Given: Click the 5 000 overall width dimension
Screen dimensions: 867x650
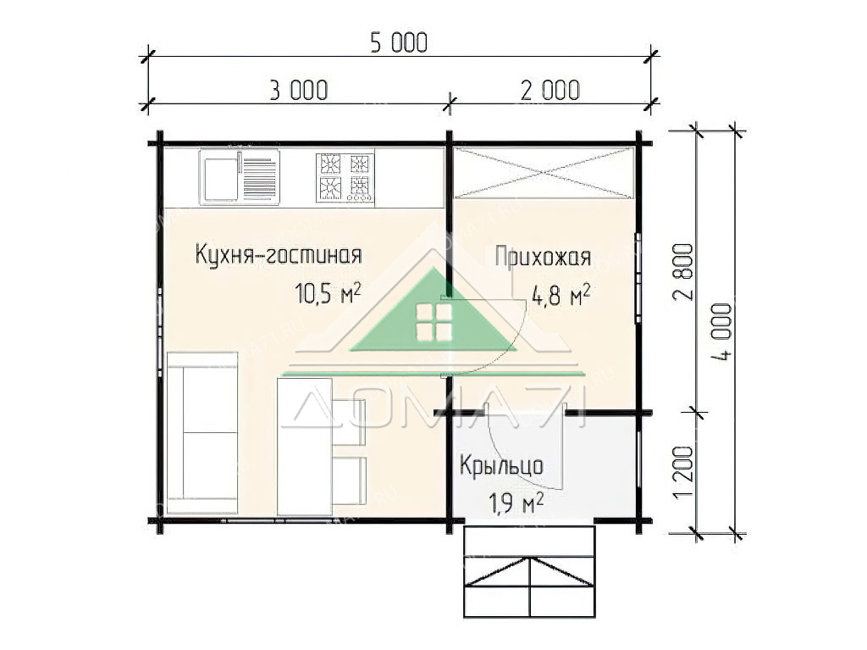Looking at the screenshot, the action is [399, 43].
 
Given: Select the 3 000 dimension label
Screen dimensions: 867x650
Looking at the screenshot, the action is [299, 90].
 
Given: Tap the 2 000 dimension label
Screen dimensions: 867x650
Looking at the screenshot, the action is [550, 90].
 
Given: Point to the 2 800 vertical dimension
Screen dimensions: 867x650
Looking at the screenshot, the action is [682, 271].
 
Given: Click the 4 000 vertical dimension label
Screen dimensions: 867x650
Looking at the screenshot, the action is [721, 332].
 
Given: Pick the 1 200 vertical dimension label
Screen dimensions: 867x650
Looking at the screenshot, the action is [682, 472].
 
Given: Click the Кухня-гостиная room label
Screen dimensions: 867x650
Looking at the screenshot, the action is [279, 255].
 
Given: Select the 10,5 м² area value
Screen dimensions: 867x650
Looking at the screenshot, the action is [329, 293].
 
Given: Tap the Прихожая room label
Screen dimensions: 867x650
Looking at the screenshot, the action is [543, 257].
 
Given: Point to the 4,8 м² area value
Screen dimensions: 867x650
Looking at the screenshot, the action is [561, 295].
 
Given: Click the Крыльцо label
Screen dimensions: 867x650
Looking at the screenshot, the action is [501, 465].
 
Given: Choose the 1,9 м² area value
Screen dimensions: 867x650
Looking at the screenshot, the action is [516, 503].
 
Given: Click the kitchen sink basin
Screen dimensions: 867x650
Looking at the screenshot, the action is [221, 178].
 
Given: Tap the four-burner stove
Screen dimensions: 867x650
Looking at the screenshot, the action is [345, 177].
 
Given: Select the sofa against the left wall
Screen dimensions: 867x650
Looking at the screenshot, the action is [202, 433].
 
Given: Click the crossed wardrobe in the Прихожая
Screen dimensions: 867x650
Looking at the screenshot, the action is [544, 173].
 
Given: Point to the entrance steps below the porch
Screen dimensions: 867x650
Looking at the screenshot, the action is [529, 572].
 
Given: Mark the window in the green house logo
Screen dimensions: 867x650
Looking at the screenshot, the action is [434, 322].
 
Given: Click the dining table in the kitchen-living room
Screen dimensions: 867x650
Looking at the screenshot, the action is [305, 447].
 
